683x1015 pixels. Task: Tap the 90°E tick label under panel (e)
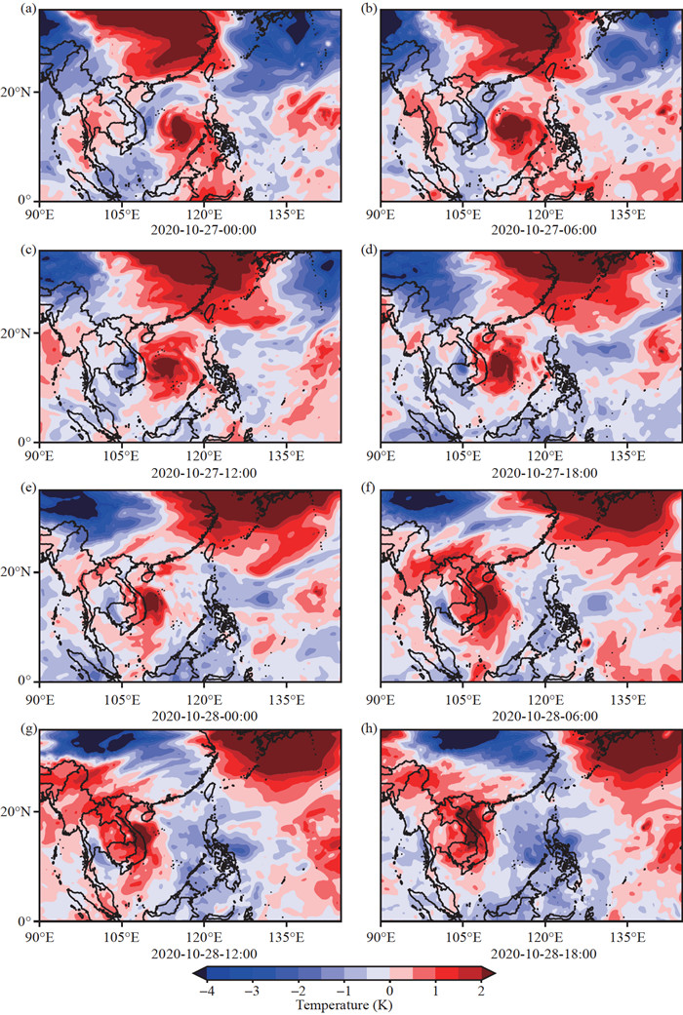click(x=39, y=695)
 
